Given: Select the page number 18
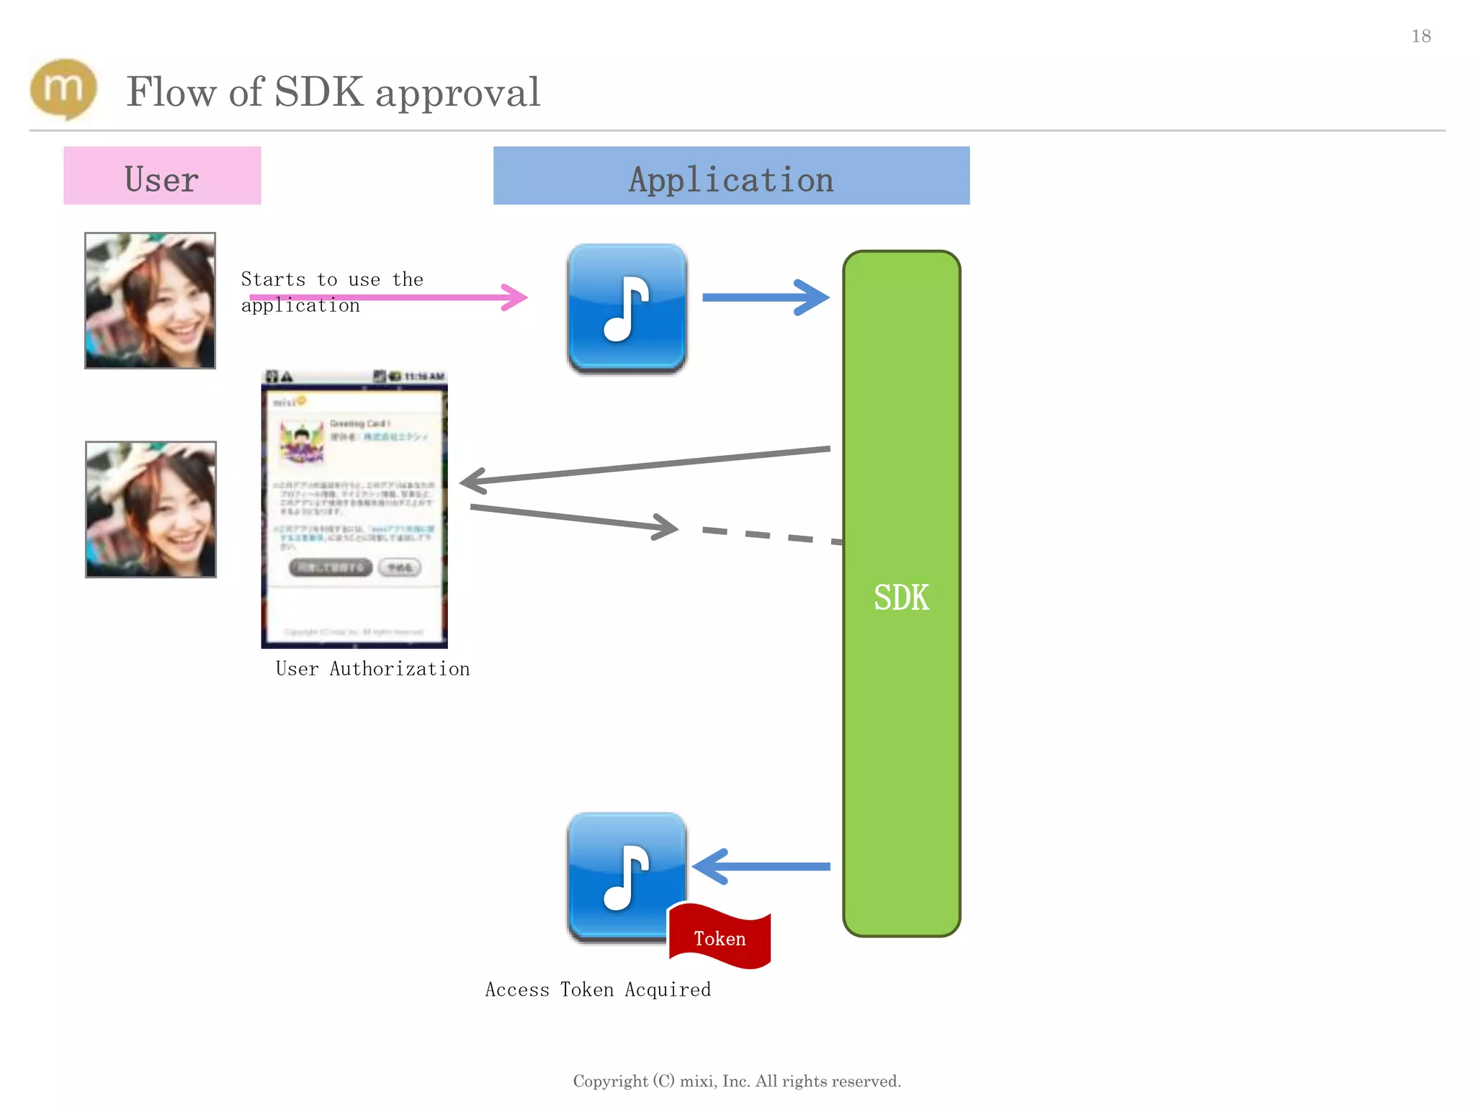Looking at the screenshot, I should click(1420, 36).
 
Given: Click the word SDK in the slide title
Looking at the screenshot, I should click(319, 92).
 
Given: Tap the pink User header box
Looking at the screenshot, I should click(162, 176).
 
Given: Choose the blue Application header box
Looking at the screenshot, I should click(731, 176).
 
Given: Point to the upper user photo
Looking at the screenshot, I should click(150, 300).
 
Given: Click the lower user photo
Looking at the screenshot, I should click(151, 509).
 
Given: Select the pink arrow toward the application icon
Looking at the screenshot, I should click(389, 297).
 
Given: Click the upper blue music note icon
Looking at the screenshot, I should click(627, 308).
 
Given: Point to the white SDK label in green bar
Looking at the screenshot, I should click(901, 598).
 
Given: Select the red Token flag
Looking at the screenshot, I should click(719, 937).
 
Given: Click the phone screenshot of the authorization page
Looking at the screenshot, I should click(354, 509).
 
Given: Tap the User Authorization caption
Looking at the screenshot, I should click(372, 669).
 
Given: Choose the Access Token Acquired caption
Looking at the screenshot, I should click(598, 990).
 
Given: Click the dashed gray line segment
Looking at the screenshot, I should click(771, 535).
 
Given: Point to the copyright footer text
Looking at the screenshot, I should click(737, 1081).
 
